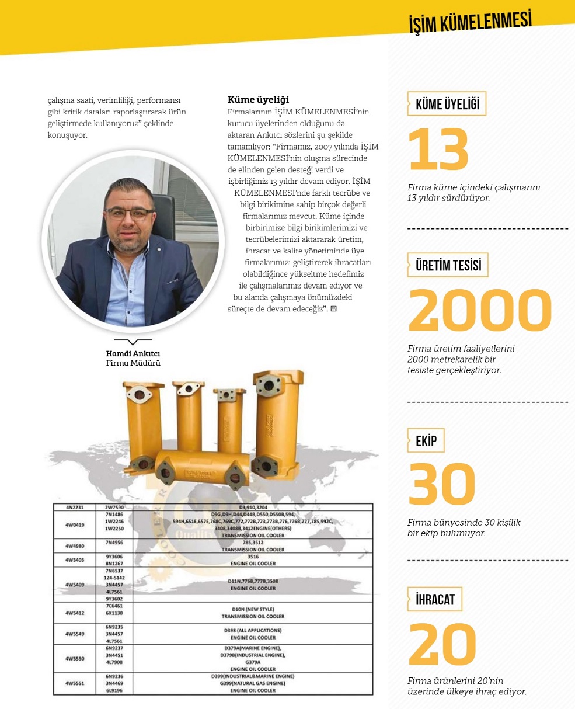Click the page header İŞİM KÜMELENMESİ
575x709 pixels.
(470, 22)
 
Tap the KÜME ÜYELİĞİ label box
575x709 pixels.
(447, 104)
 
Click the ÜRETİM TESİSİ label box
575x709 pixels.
(448, 265)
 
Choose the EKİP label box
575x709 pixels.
(426, 441)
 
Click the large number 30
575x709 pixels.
(441, 485)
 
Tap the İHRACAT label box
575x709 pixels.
(434, 599)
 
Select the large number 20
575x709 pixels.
(442, 645)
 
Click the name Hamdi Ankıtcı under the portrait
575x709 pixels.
(133, 354)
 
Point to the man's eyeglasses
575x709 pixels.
(130, 213)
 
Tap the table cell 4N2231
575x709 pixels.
(75, 508)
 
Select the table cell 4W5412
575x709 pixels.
(75, 613)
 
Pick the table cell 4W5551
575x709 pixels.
(75, 683)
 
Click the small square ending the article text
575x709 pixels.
(333, 308)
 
